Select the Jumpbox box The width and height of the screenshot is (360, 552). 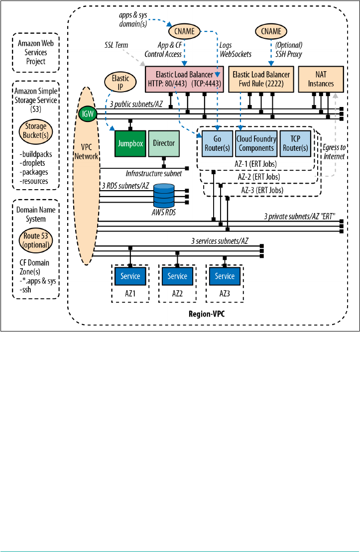click(130, 143)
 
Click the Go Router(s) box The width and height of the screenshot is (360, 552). click(216, 143)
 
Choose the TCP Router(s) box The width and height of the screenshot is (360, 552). click(295, 143)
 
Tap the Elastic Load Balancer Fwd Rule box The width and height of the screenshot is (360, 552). click(261, 79)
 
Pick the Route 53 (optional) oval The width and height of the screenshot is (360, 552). click(35, 240)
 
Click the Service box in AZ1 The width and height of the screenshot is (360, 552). click(130, 276)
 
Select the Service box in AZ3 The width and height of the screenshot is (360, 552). click(225, 276)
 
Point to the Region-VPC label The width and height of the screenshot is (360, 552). click(207, 315)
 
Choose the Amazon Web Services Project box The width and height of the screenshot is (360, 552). click(36, 52)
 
